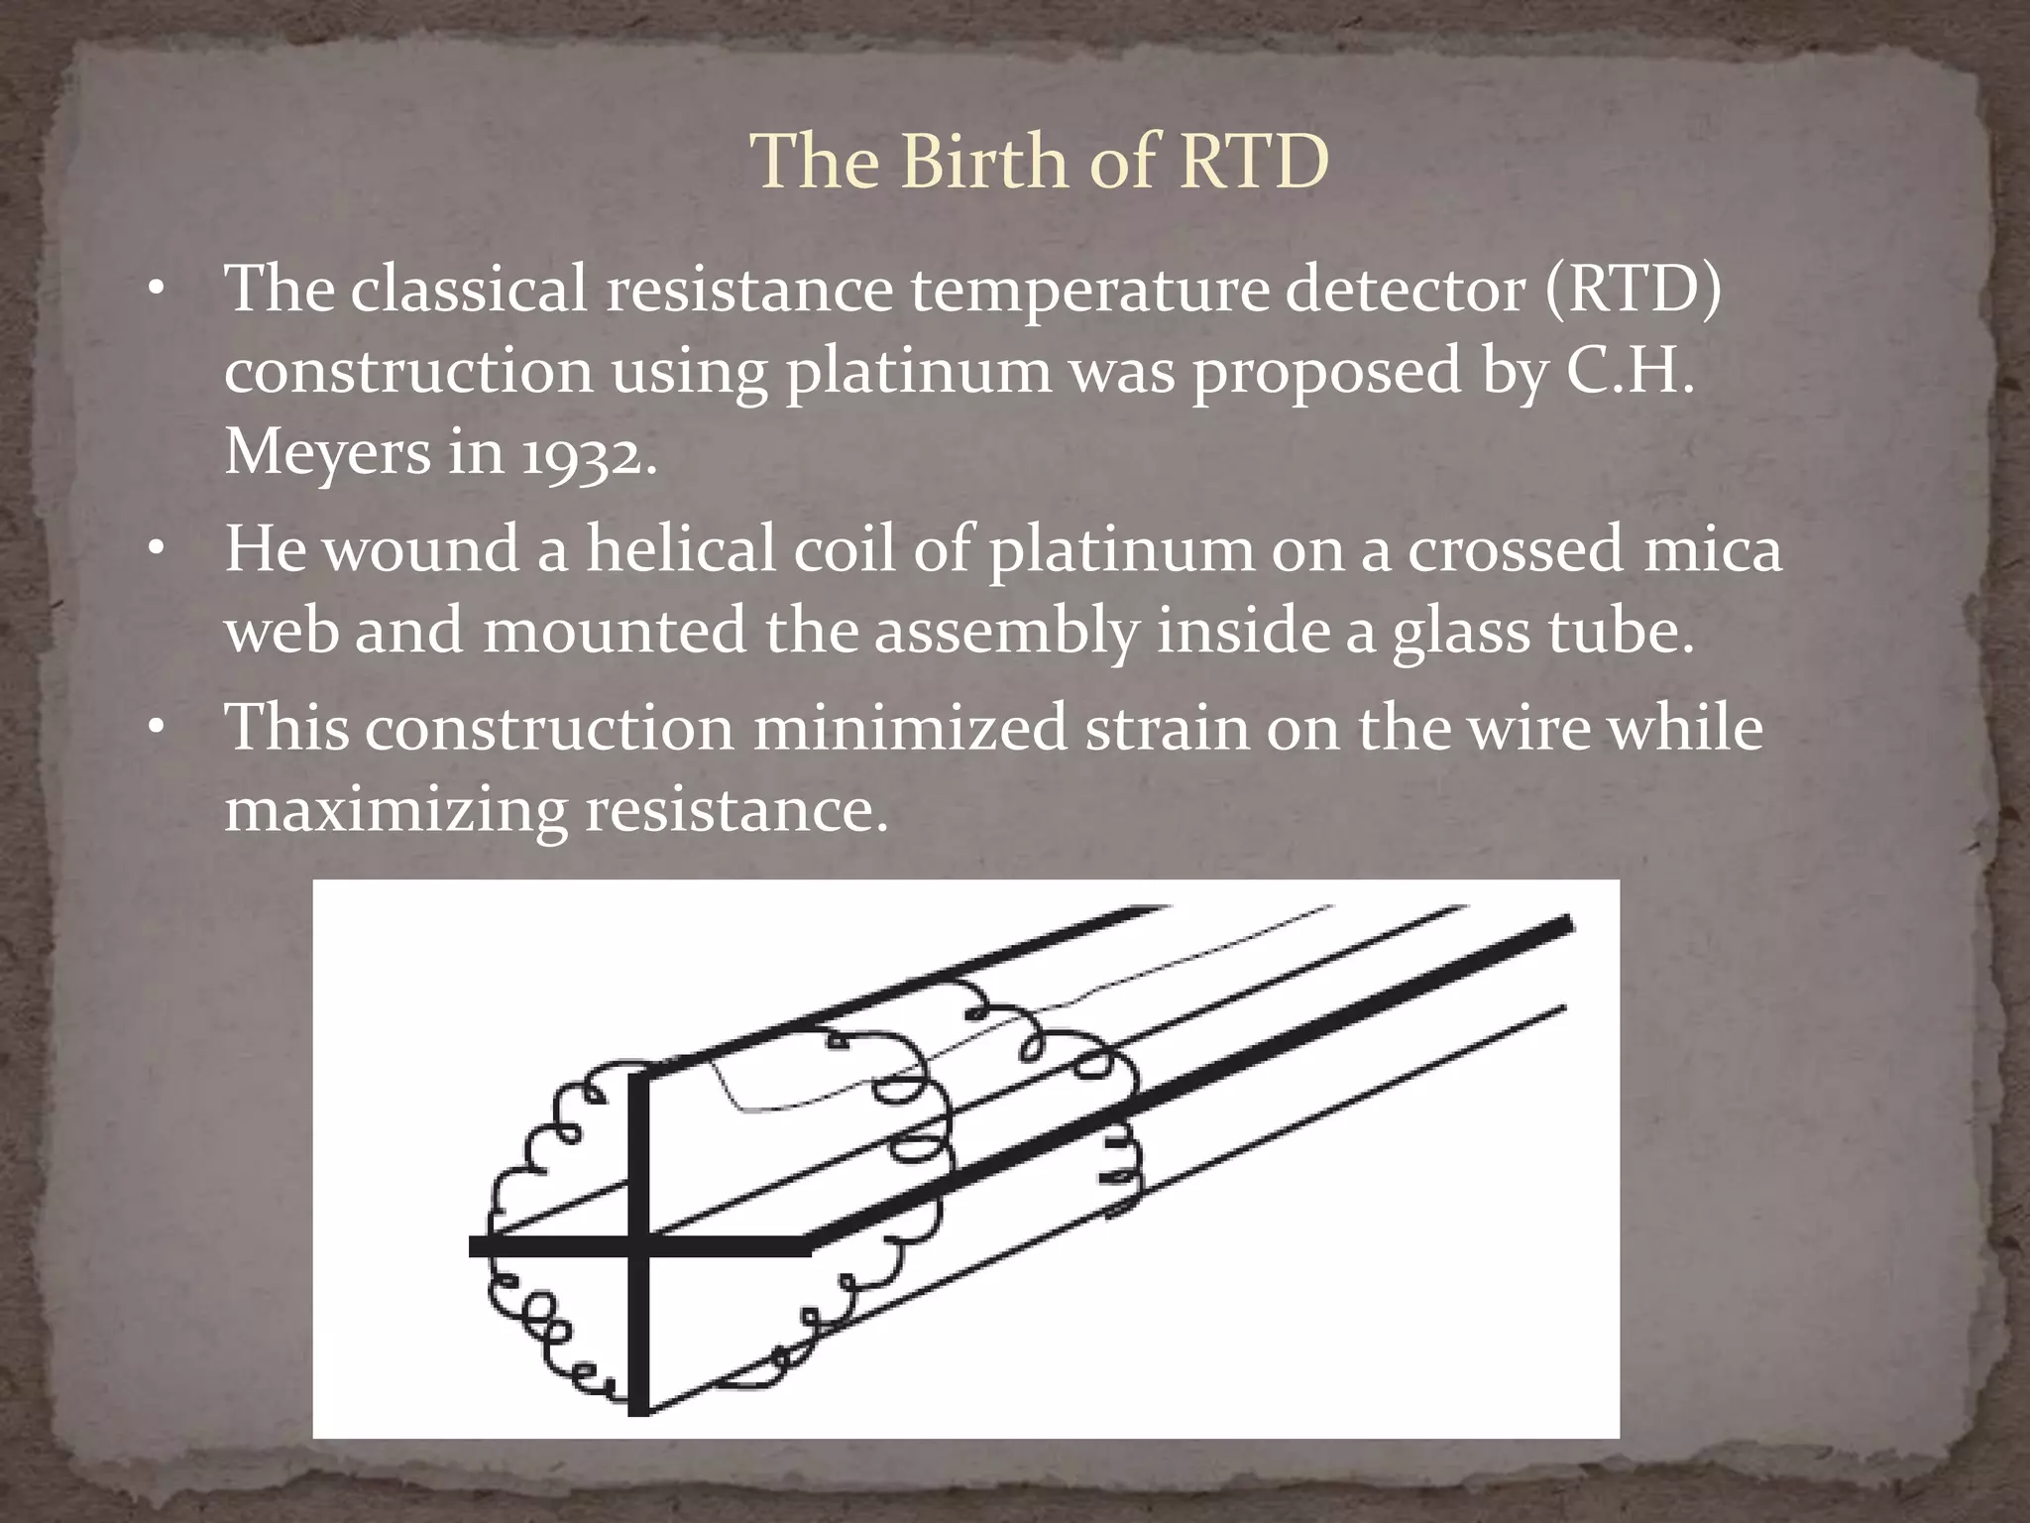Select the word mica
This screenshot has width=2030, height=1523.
(x=1712, y=549)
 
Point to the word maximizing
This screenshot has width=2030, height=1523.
(x=395, y=811)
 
